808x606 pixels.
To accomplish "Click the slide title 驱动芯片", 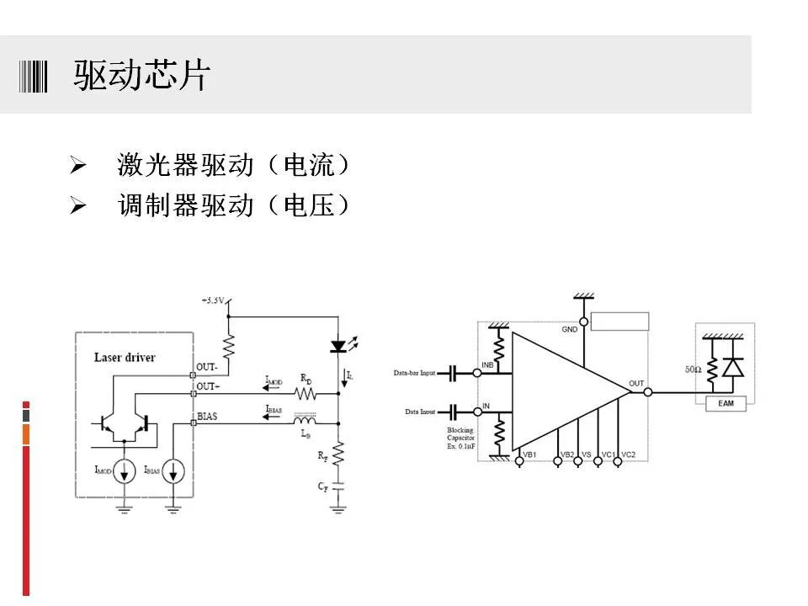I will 141,76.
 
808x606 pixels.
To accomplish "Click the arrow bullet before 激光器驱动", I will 78,166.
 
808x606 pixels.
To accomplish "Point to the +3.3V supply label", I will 214,300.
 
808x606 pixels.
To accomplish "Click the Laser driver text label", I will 125,357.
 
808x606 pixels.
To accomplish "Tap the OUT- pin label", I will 207,368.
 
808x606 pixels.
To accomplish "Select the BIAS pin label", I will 207,416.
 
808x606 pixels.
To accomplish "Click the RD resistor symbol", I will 304,393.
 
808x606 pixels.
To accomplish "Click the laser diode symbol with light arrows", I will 338,346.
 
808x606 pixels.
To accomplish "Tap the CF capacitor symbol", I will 338,487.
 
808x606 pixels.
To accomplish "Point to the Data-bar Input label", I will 414,373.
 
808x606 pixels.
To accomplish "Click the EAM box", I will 726,404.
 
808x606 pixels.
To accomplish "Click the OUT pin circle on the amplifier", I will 648,391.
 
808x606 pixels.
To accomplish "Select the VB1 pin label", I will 530,454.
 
